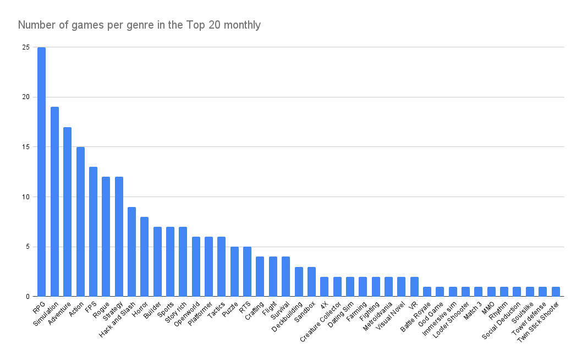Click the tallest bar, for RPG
pyautogui.click(x=41, y=172)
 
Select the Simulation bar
pyautogui.click(x=54, y=201)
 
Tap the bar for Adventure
pyautogui.click(x=67, y=211)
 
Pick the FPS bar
pyautogui.click(x=93, y=231)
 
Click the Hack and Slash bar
pyautogui.click(x=131, y=252)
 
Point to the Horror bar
pyautogui.click(x=144, y=257)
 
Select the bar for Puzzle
pyautogui.click(x=234, y=271)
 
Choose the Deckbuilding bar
pyautogui.click(x=299, y=281)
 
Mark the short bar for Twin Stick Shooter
pyautogui.click(x=556, y=292)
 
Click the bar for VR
pyautogui.click(x=414, y=286)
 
